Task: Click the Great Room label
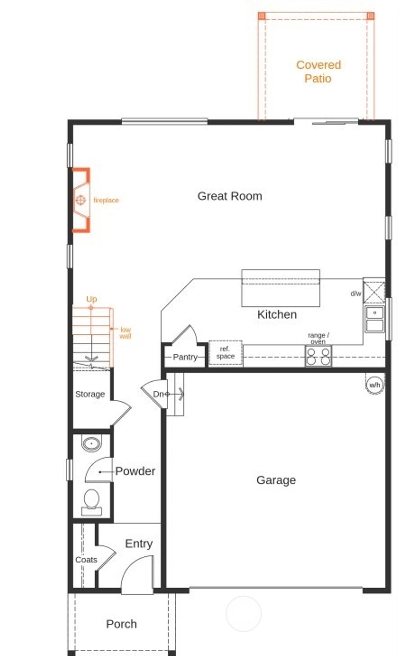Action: [229, 196]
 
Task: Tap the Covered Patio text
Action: [318, 71]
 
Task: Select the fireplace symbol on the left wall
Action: [81, 200]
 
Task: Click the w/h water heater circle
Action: [375, 385]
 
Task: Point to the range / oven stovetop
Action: [318, 356]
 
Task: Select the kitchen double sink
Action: [374, 319]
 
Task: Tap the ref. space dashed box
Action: [225, 353]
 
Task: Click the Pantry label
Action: [185, 357]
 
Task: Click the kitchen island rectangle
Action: [280, 288]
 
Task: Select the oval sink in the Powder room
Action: [91, 444]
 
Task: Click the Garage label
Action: [276, 480]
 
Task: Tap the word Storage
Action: [90, 394]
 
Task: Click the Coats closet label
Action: [86, 559]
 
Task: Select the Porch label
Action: [121, 624]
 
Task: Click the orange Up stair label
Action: [91, 299]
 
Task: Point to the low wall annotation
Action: [125, 333]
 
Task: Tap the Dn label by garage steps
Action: [158, 394]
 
